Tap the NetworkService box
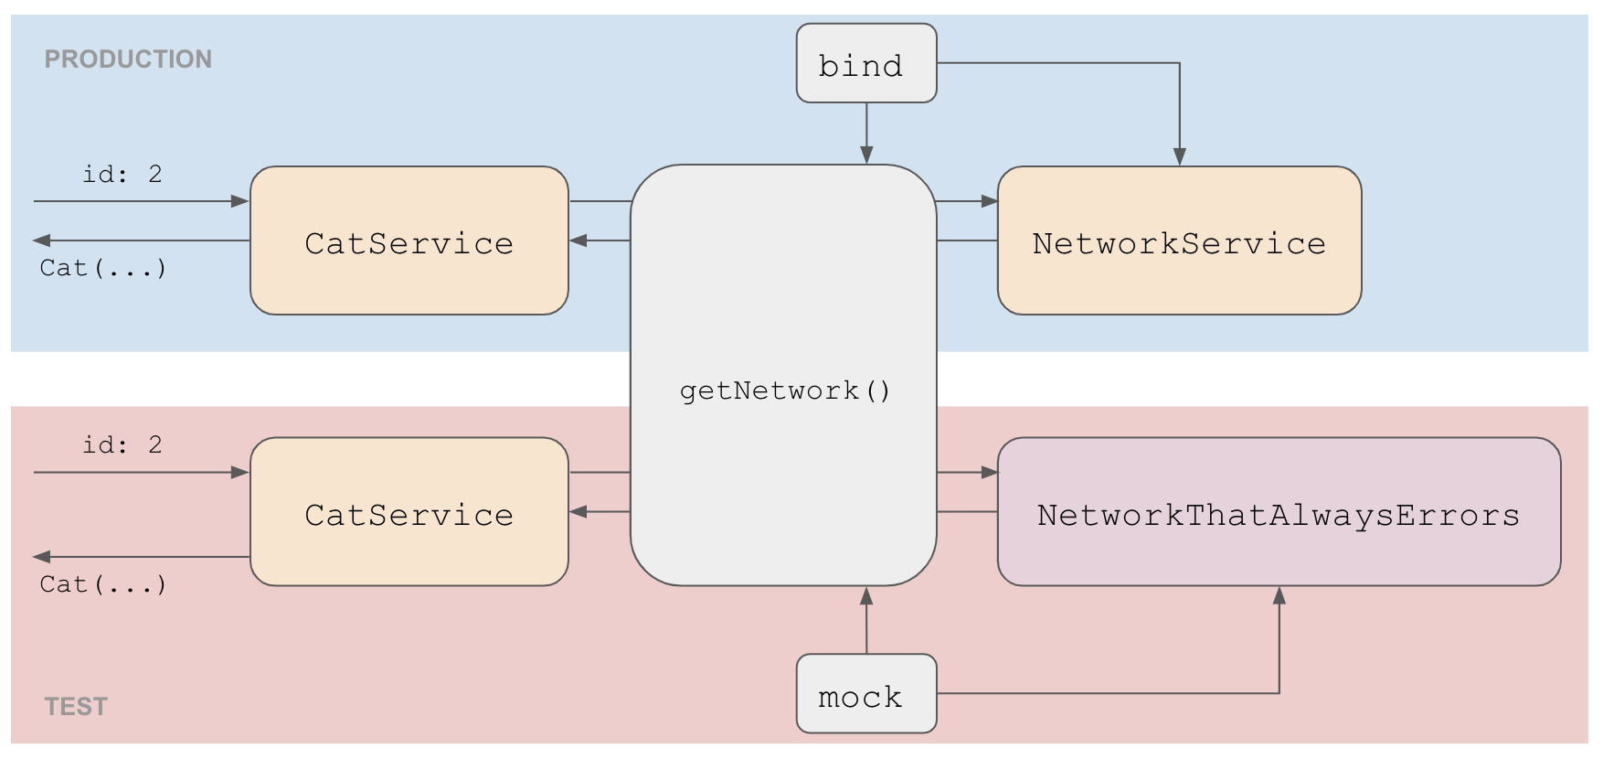click(1179, 241)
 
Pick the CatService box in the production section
click(409, 241)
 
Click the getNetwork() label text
click(784, 391)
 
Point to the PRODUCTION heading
click(128, 59)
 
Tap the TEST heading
click(76, 707)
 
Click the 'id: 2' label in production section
click(122, 175)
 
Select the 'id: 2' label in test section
click(122, 445)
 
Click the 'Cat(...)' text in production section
click(103, 269)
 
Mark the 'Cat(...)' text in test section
click(103, 585)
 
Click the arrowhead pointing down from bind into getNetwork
click(866, 155)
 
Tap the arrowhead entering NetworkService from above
click(1179, 156)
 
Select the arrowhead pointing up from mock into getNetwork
click(866, 596)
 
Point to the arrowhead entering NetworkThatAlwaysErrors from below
click(1279, 596)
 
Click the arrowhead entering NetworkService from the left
click(989, 201)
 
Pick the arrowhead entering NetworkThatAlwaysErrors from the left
click(989, 473)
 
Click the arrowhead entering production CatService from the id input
click(240, 201)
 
